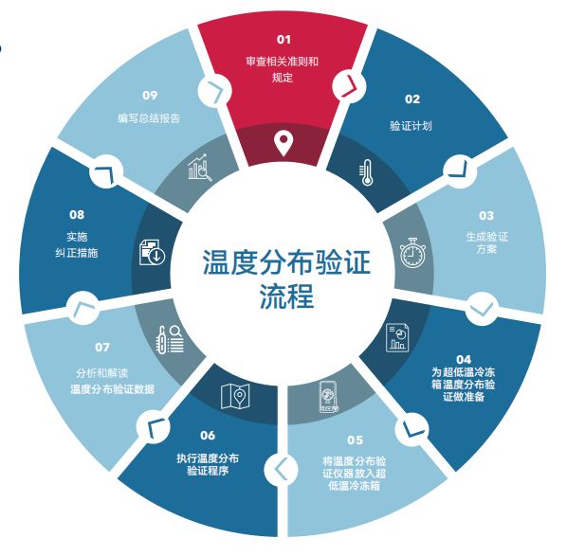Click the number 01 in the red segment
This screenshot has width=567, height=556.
point(283,39)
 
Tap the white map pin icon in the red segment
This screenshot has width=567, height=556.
point(283,143)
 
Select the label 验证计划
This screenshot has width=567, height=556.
point(411,126)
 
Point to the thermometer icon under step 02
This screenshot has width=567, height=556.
point(366,172)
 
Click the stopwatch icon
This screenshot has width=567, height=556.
point(412,253)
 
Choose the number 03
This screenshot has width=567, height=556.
point(486,216)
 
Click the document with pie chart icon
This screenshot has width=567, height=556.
point(397,338)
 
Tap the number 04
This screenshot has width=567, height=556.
point(464,360)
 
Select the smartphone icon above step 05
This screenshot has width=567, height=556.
point(329,397)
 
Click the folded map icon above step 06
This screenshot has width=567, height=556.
point(235,396)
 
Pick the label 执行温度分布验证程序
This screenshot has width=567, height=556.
point(208,465)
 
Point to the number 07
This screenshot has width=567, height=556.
point(102,348)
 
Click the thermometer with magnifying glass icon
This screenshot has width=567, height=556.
point(169,339)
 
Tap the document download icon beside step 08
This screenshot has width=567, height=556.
point(152,252)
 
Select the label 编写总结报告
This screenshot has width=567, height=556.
point(149,118)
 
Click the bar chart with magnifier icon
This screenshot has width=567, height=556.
point(200,167)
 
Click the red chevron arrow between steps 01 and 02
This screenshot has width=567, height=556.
point(351,86)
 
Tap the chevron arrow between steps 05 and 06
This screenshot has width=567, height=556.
point(281,469)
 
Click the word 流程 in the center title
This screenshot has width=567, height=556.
point(286,296)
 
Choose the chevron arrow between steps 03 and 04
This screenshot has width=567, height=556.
point(482,308)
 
